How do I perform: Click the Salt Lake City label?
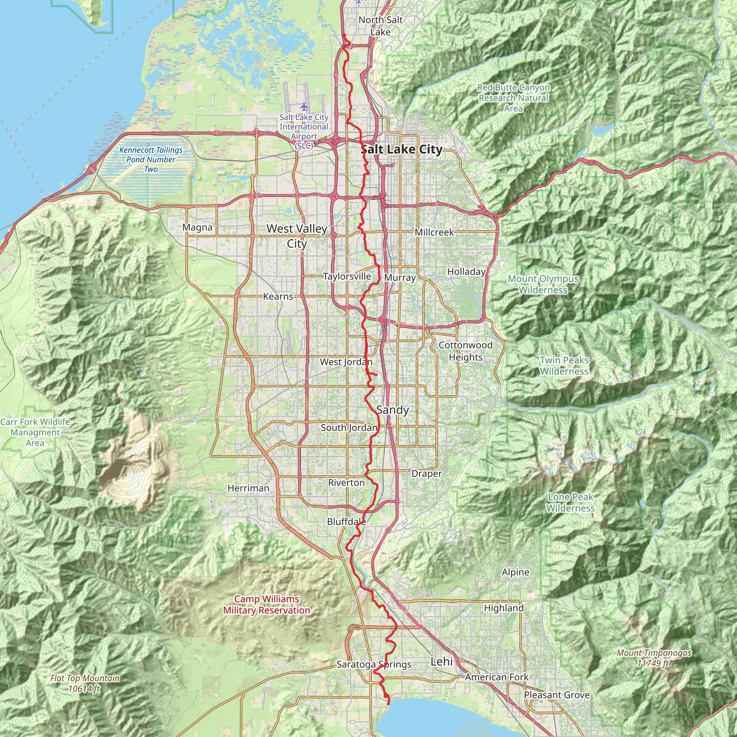coord(401,150)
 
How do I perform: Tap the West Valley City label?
coord(297,236)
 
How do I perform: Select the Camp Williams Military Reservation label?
coord(267,605)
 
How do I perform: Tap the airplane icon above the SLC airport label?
coord(304,106)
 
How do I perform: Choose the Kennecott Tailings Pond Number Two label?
coord(151,159)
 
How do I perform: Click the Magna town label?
coord(197,227)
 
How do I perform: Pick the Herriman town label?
coord(248,488)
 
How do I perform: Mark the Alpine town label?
coord(515,572)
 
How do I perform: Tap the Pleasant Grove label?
coord(557,695)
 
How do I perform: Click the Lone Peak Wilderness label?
coord(570,502)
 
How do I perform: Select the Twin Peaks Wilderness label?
coord(564,366)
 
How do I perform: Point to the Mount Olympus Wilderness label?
coord(543,284)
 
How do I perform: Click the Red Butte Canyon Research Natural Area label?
coord(514,98)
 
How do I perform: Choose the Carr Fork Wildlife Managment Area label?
coord(35,432)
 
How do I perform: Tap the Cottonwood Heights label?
coord(465,351)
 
